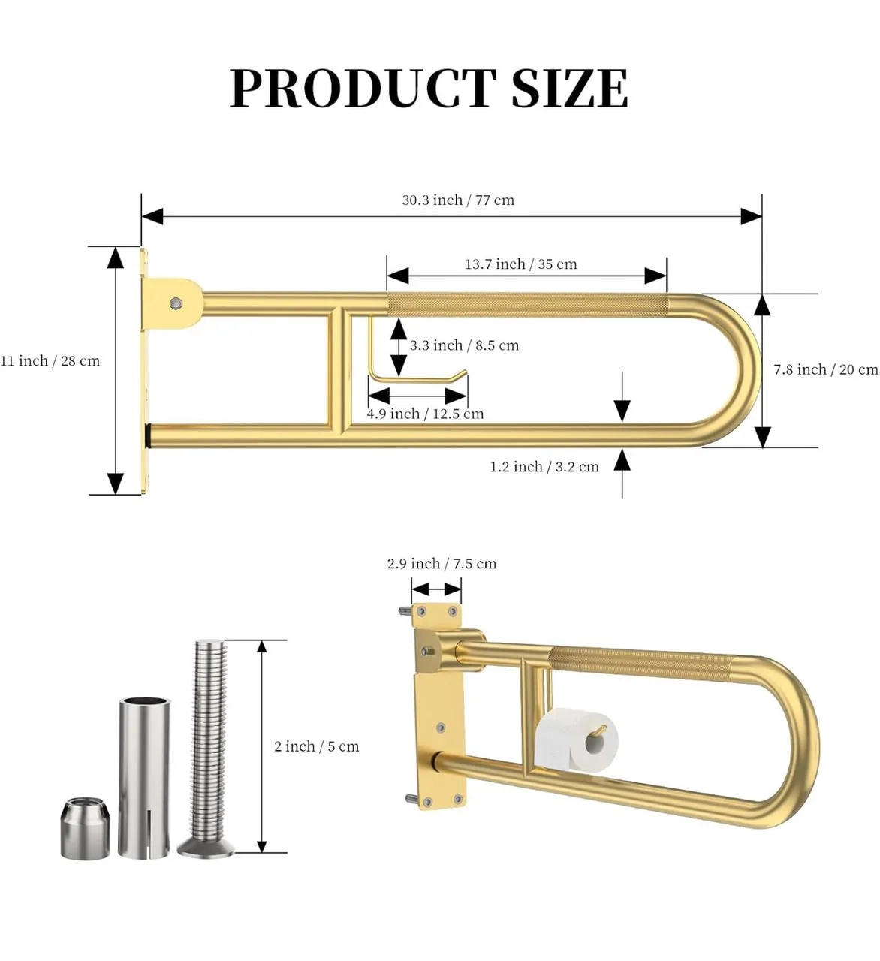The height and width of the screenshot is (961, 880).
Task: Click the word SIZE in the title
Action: click(x=569, y=89)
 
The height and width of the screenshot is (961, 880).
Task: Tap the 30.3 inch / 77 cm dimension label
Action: click(x=458, y=200)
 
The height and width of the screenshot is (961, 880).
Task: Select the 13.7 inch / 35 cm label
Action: click(x=520, y=264)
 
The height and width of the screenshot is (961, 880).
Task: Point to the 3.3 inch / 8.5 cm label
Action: click(x=464, y=345)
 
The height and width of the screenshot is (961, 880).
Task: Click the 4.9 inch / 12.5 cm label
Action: click(x=425, y=414)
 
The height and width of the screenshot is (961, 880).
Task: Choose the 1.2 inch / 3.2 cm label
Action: click(x=544, y=467)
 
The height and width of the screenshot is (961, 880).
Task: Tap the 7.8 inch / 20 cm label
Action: click(x=825, y=369)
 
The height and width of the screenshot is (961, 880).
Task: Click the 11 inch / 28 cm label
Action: click(x=50, y=361)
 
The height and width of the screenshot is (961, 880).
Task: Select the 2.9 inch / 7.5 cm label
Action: click(x=442, y=564)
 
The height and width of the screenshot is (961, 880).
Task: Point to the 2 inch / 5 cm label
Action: click(x=316, y=746)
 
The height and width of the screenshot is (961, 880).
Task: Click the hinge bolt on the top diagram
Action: click(x=176, y=303)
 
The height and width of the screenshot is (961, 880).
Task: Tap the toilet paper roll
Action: click(x=576, y=740)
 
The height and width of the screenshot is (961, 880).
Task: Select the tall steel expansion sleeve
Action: click(x=144, y=777)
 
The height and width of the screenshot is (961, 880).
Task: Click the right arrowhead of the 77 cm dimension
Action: click(x=752, y=216)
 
